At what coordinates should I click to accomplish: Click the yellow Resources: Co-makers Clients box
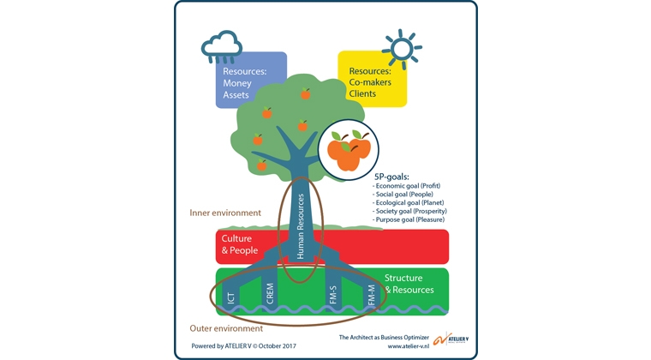[371, 81]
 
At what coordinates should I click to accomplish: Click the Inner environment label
[226, 212]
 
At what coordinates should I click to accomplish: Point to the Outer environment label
[227, 328]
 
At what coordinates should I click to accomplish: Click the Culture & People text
[241, 244]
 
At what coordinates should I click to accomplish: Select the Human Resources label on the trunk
[300, 225]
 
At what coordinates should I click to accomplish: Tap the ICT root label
[230, 297]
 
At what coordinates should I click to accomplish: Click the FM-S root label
[333, 294]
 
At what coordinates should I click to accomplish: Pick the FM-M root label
[370, 296]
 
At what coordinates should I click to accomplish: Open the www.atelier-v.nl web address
[408, 347]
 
